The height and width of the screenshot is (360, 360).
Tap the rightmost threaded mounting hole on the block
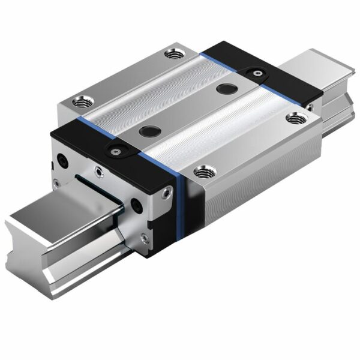295,118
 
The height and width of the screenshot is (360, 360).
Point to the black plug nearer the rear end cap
226,89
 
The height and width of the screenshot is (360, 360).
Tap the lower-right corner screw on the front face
143,238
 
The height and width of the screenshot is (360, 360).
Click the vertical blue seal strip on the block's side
179,204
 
